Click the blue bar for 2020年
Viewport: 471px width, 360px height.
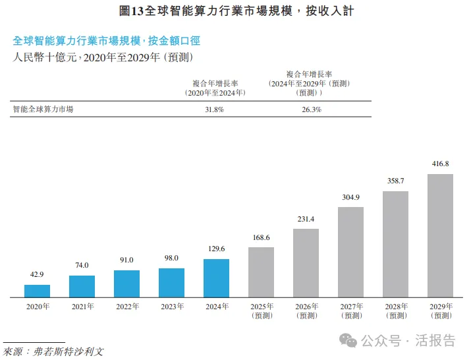tap(37, 291)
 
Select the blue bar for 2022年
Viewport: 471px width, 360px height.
tap(126, 284)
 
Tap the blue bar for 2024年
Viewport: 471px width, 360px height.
tap(216, 278)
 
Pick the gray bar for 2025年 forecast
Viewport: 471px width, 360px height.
tap(261, 272)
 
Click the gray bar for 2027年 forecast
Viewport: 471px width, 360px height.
tap(350, 252)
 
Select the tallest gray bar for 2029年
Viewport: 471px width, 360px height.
tap(440, 235)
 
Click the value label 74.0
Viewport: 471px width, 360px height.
tap(82, 265)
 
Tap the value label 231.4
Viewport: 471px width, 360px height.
tap(306, 218)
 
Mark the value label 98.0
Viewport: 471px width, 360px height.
tap(171, 258)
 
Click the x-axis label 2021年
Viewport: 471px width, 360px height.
tap(82, 307)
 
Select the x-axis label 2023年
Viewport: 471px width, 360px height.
tap(171, 307)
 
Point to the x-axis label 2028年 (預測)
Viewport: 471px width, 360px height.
tap(395, 311)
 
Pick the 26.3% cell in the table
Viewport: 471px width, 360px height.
tap(312, 109)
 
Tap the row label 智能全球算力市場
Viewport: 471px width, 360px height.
tap(43, 109)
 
